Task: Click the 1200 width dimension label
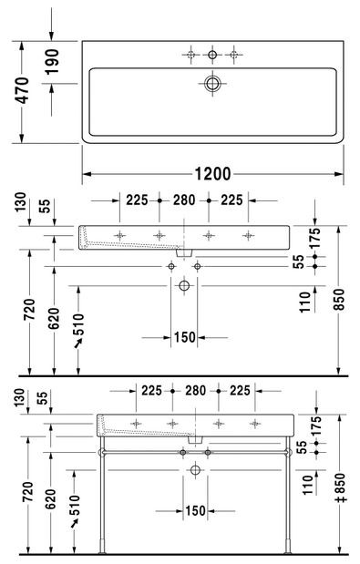pyautogui.click(x=212, y=173)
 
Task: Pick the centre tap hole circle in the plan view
pyautogui.click(x=212, y=56)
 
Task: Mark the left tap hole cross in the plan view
pyautogui.click(x=190, y=56)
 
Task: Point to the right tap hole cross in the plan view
pyautogui.click(x=234, y=56)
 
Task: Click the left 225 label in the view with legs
pyautogui.click(x=152, y=391)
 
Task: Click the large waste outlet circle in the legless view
pyautogui.click(x=184, y=286)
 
